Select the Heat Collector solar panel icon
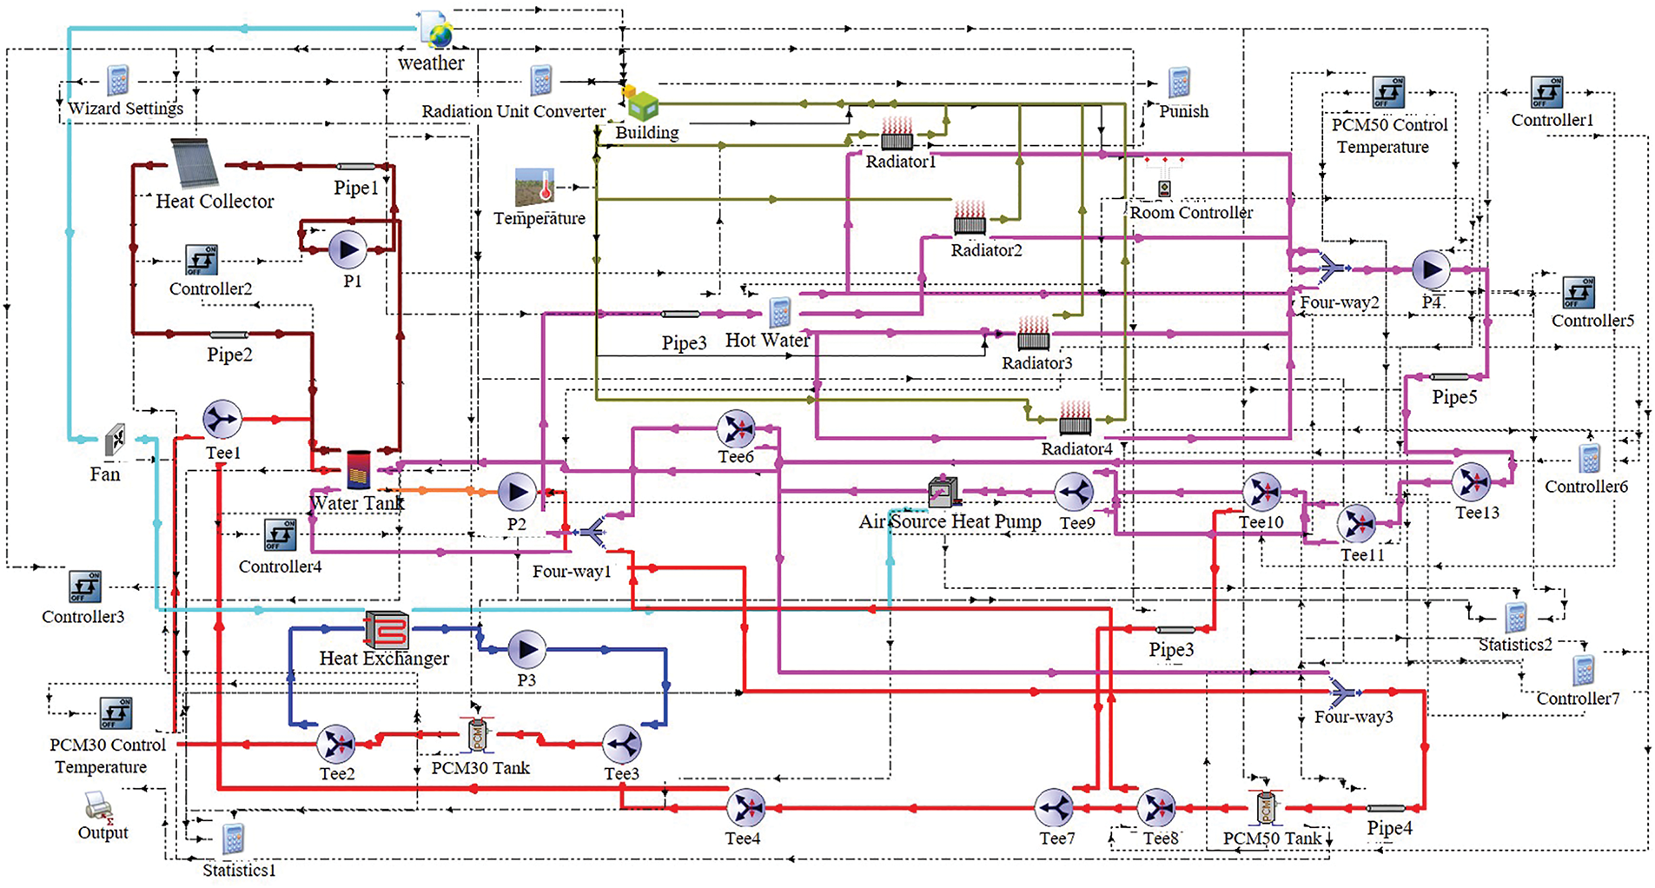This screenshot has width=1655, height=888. coord(195,162)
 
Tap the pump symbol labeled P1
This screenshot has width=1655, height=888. coord(348,250)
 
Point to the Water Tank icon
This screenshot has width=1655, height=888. coord(358,469)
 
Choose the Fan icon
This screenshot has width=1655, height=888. coord(115,441)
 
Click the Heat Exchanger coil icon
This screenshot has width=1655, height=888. coord(387,630)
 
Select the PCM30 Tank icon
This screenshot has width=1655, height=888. coord(476,735)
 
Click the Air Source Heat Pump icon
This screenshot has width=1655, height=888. coord(943,492)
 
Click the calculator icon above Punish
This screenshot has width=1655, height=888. coord(1178,83)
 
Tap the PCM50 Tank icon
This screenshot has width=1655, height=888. coord(1265,808)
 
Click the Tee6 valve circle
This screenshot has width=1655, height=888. coord(736,429)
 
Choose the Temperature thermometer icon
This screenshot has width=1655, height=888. coord(535,189)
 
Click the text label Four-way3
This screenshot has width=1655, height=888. coord(1353,717)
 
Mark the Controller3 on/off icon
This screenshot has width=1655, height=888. coord(85,587)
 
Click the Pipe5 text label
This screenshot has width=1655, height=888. coord(1454,397)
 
